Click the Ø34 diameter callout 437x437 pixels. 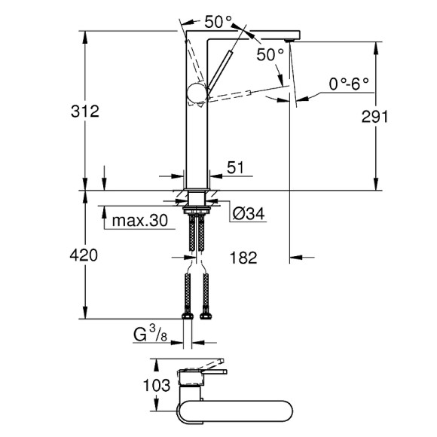pos(248,214)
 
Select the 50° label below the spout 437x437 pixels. pos(270,54)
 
